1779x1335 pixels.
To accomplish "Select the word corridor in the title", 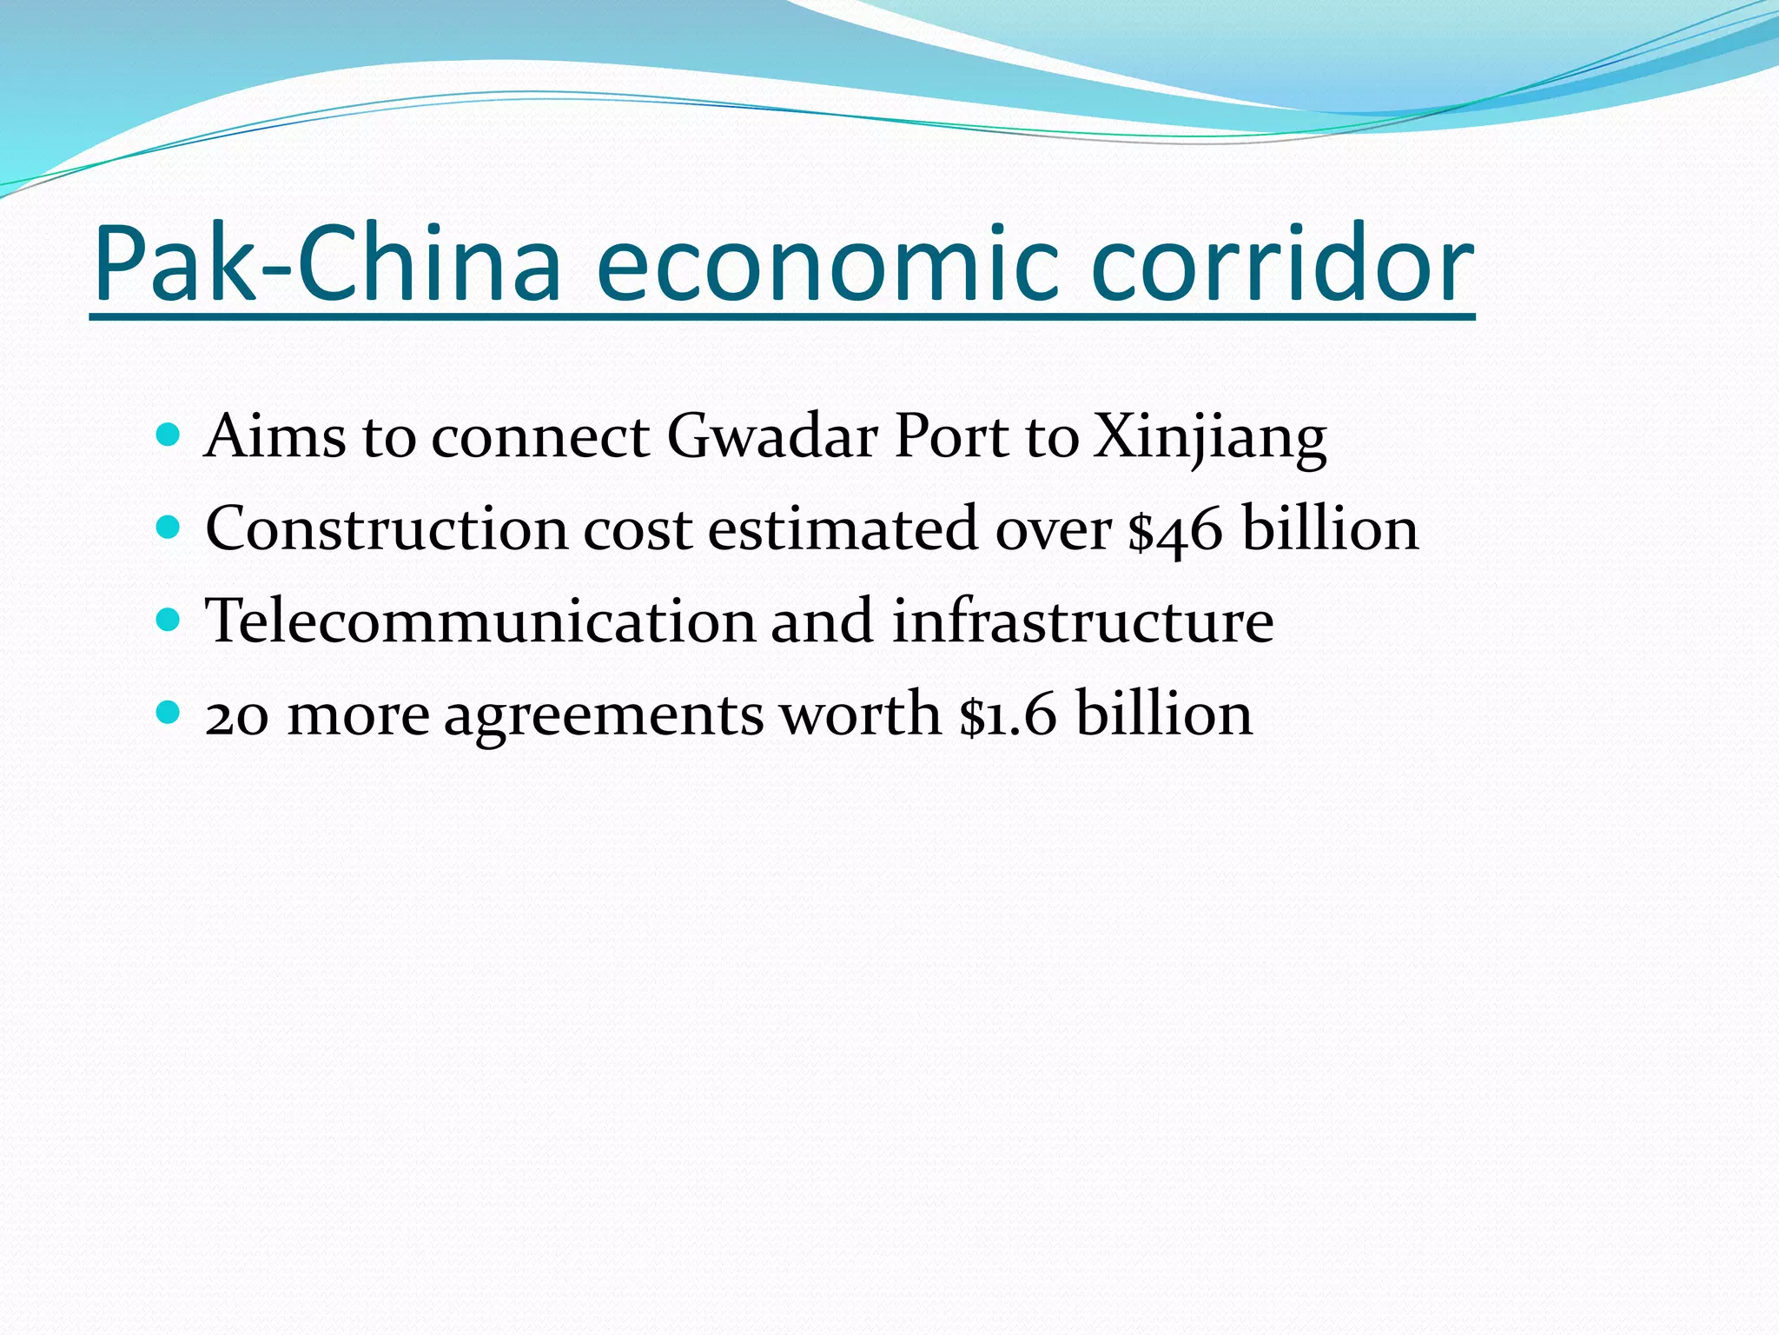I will click(x=1282, y=264).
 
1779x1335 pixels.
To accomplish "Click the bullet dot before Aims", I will click(x=169, y=434).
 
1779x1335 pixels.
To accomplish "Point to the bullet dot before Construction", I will click(x=169, y=527).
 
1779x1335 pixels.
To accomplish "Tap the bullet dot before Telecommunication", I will click(x=169, y=620).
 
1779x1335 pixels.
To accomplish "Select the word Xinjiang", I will click(x=1210, y=437).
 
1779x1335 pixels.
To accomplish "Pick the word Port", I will click(x=951, y=435).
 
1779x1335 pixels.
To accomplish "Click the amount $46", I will click(x=1175, y=529).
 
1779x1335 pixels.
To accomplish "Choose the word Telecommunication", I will click(x=480, y=621).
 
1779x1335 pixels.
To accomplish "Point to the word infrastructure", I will click(x=1082, y=621).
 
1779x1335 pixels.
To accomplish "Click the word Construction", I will click(x=387, y=528).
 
